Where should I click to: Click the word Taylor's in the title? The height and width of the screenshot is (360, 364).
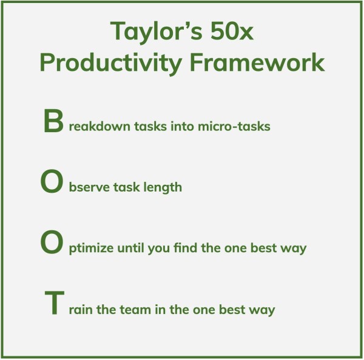tap(157, 32)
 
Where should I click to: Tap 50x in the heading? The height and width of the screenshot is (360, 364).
tap(232, 31)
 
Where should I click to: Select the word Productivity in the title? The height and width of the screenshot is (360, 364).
tap(111, 63)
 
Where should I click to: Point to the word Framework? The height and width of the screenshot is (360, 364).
tap(257, 62)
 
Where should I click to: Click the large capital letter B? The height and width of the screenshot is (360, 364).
tap(53, 121)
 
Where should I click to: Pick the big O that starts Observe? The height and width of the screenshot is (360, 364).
tap(52, 181)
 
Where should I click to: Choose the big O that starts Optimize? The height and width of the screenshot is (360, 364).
tap(52, 242)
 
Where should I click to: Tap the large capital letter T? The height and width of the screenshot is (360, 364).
tap(55, 302)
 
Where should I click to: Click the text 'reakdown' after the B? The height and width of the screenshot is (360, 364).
tap(99, 127)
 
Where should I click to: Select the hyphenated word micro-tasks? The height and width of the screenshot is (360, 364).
tap(234, 127)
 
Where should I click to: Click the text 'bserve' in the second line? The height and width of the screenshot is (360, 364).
tap(89, 187)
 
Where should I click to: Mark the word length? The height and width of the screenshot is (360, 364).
tap(163, 188)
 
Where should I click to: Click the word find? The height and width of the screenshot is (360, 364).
tap(186, 248)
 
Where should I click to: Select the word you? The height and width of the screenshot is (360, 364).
tap(159, 249)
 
